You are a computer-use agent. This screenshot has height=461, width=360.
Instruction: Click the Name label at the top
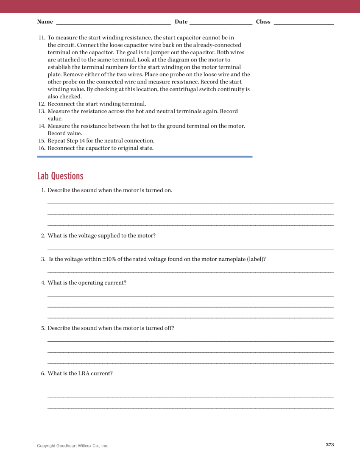tap(45, 22)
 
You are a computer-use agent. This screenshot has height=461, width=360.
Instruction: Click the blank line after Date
tap(220, 23)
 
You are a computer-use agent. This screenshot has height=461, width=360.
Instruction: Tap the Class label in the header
tap(263, 22)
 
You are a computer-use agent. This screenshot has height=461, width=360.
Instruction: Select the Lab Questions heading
tap(60, 176)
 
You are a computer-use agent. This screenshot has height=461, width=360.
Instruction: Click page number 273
tap(330, 444)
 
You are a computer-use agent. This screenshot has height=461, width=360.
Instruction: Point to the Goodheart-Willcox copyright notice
tap(73, 446)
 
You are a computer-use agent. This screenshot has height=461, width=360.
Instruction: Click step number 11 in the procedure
tap(42, 38)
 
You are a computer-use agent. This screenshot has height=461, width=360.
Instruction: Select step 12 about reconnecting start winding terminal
tap(97, 104)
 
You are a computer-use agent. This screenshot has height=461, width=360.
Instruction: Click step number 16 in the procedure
tap(42, 148)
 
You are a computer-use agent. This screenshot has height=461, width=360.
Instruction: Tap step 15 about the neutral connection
tap(101, 141)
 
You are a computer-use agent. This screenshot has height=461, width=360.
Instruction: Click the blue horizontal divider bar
tap(145, 156)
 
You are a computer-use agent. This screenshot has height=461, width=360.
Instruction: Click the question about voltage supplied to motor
tap(101, 236)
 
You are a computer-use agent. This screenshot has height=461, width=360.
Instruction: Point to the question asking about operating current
tap(87, 283)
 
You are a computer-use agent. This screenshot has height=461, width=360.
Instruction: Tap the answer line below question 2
tap(190, 249)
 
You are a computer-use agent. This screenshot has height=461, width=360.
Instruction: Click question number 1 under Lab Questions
tap(43, 190)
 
